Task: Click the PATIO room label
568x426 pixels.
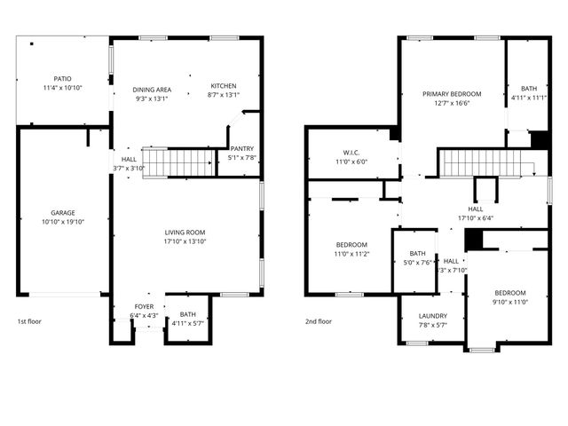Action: point(62,79)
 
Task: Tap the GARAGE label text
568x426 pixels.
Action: point(62,213)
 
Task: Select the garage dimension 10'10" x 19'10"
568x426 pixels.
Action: point(62,223)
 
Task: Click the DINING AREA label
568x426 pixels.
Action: point(152,90)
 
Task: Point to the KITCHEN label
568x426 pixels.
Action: point(223,86)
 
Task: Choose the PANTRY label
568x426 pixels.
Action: point(241,149)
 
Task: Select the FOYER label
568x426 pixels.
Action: point(144,306)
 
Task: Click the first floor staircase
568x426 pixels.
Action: point(180,163)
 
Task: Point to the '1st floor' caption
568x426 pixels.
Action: point(28,321)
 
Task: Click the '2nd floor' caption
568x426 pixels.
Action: point(318,321)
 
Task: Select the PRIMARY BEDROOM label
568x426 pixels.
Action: point(452,93)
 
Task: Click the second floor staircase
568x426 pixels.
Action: point(484,163)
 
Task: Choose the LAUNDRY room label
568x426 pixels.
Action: point(433,315)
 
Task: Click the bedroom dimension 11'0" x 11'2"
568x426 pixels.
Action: point(351,254)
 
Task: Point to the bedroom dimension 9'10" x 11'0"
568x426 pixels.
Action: point(510,302)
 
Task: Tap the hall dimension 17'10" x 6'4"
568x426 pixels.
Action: point(476,217)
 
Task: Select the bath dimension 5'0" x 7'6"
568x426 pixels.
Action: point(417,262)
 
